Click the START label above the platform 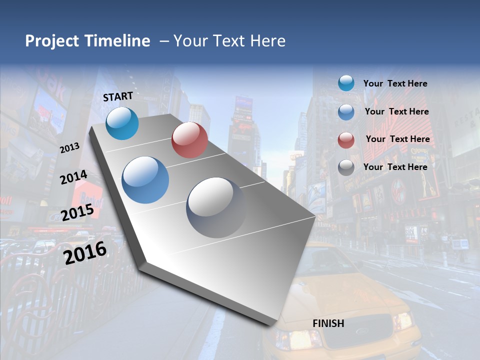click(x=118, y=96)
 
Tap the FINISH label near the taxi click(x=328, y=323)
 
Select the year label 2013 click(x=69, y=148)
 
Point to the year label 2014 click(x=73, y=177)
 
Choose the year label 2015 click(x=77, y=212)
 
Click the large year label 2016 click(x=85, y=252)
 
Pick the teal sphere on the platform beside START click(x=122, y=123)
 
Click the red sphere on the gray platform click(x=189, y=140)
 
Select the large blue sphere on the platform click(x=145, y=180)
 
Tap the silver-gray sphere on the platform click(x=216, y=207)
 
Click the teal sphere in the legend click(x=346, y=83)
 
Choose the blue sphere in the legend click(x=346, y=112)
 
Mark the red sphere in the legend click(x=346, y=140)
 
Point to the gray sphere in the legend click(x=346, y=167)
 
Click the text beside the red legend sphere click(x=397, y=139)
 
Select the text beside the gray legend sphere click(x=395, y=167)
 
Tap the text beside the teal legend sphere click(x=395, y=83)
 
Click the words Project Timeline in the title click(x=87, y=41)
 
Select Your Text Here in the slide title click(x=229, y=41)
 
